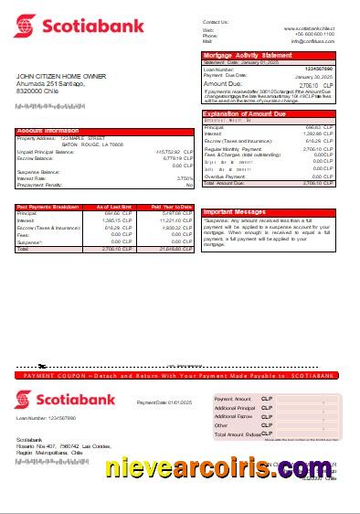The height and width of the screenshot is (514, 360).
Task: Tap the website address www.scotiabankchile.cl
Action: pyautogui.click(x=309, y=29)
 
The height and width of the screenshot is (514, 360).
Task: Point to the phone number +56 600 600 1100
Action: pyautogui.click(x=316, y=35)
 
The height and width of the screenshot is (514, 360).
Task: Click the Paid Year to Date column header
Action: pyautogui.click(x=171, y=207)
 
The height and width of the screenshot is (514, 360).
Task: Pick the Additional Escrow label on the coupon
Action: pyautogui.click(x=232, y=416)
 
